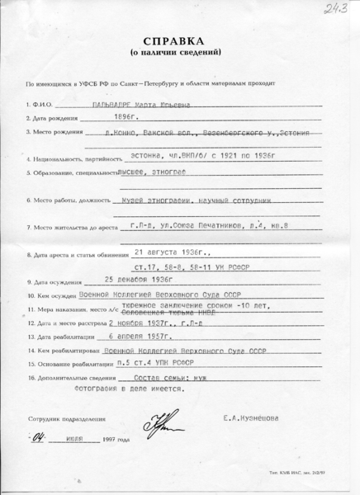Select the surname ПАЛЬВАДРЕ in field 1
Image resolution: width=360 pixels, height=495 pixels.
click(113, 106)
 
